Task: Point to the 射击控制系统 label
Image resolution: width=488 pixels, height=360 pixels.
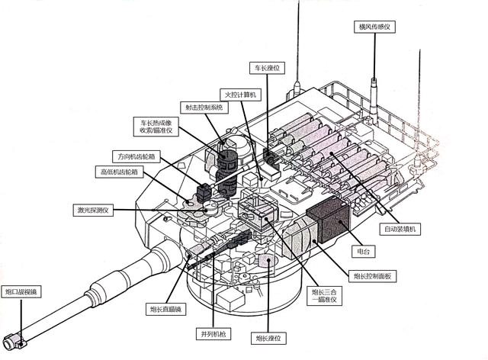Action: (x=202, y=108)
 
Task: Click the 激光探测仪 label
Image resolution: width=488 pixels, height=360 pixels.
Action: (x=94, y=210)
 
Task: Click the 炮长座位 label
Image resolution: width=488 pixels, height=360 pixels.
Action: (x=271, y=336)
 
